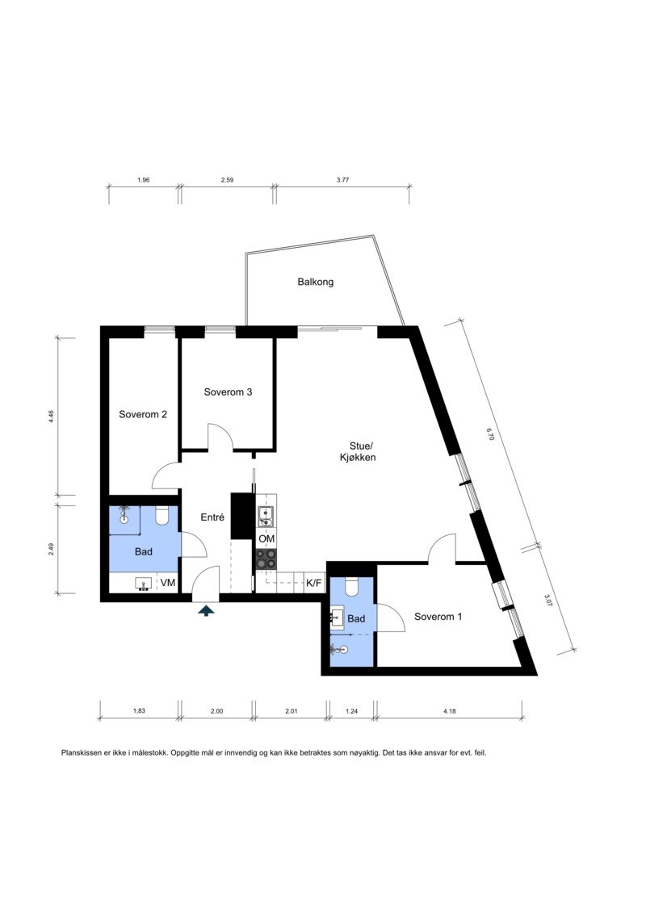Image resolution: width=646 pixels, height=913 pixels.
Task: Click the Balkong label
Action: (x=315, y=283)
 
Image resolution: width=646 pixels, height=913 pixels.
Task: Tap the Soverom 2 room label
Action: (x=143, y=415)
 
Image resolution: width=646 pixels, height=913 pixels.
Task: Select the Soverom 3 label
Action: (x=228, y=392)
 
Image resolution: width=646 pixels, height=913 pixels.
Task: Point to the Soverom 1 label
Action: (x=438, y=617)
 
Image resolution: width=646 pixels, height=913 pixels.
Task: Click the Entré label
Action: (x=212, y=517)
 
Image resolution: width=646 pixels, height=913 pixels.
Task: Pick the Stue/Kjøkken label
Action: (x=359, y=452)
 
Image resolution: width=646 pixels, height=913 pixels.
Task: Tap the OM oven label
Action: (x=266, y=538)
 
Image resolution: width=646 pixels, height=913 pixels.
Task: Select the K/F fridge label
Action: (x=314, y=582)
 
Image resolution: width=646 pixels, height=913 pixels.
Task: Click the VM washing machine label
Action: (x=168, y=582)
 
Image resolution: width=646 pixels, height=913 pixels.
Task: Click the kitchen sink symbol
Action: (x=266, y=516)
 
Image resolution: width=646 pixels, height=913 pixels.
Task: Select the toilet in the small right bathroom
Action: (x=351, y=586)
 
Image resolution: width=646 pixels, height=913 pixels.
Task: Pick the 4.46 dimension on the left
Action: (x=51, y=417)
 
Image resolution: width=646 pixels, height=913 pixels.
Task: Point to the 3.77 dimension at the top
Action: (x=342, y=180)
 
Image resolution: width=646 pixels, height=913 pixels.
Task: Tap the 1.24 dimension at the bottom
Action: (x=351, y=711)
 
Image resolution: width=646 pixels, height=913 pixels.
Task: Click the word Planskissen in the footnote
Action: (x=84, y=752)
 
